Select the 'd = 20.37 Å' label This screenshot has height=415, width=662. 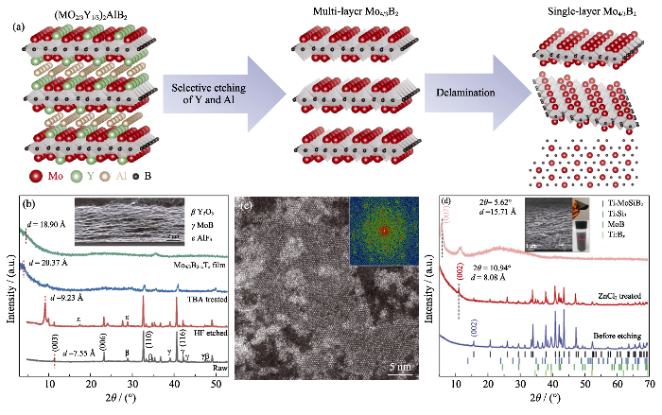click(52, 260)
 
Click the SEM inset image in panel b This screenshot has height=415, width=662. click(121, 217)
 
